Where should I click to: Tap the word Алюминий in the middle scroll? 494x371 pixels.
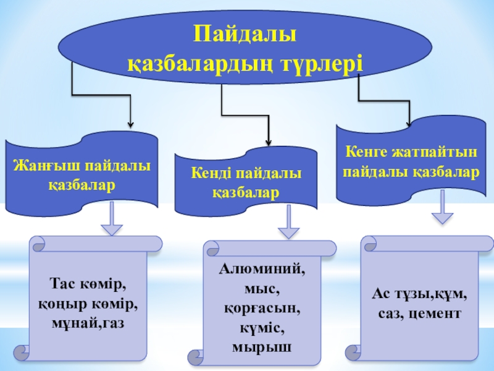[x=261, y=270]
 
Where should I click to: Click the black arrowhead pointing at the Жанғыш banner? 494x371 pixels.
[x=131, y=122]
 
